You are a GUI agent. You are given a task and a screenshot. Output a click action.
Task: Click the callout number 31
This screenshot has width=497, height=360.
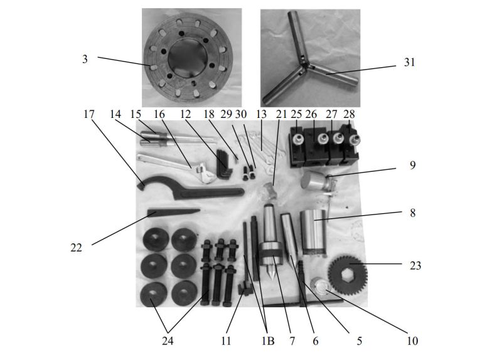click(x=409, y=63)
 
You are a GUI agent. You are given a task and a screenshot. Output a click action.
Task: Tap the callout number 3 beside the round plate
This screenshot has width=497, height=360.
click(x=85, y=58)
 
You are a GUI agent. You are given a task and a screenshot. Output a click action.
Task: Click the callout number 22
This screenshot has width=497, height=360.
click(x=76, y=248)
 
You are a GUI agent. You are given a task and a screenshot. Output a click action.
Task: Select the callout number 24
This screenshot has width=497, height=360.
click(x=168, y=341)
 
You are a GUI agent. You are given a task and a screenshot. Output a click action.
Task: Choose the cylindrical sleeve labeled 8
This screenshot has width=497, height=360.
click(x=313, y=232)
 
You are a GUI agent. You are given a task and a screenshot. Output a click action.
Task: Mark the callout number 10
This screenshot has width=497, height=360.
click(x=412, y=341)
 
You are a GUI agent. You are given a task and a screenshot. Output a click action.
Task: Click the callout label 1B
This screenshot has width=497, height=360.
click(x=269, y=341)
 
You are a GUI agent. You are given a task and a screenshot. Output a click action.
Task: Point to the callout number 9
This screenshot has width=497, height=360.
click(x=412, y=166)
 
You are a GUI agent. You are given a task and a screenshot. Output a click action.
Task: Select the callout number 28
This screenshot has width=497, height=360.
click(x=350, y=115)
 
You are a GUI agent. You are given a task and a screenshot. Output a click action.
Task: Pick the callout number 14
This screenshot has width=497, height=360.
click(x=114, y=115)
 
